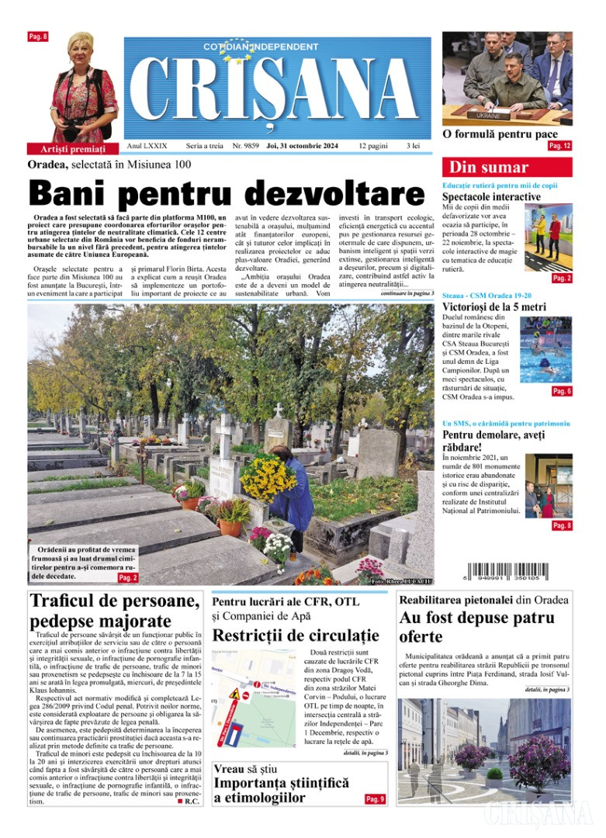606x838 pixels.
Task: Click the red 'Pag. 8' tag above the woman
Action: [x=38, y=36]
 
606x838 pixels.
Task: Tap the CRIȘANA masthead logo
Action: [x=277, y=85]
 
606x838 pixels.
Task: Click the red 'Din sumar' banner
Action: [x=507, y=167]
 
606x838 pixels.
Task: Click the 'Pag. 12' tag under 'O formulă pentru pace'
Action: [x=559, y=146]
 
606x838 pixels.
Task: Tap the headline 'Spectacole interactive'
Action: [x=491, y=197]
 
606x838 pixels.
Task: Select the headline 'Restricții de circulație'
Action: [x=296, y=635]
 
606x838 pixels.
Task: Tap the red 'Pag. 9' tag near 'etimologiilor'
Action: [x=375, y=798]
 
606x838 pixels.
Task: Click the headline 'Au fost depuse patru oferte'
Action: [x=476, y=627]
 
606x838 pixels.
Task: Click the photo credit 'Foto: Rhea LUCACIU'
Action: [x=402, y=580]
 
